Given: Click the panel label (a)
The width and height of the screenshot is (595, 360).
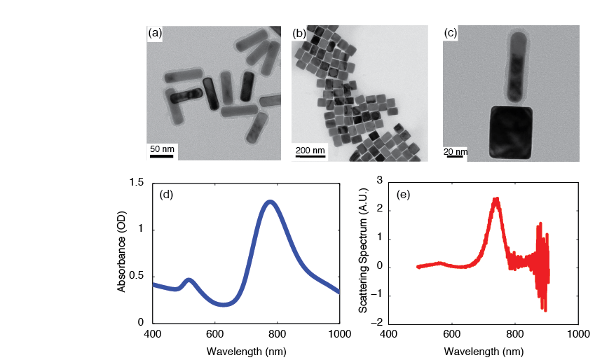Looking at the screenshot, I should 155,33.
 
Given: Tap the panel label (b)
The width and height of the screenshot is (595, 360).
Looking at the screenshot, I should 299,33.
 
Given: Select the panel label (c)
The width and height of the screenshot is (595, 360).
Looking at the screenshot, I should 451,33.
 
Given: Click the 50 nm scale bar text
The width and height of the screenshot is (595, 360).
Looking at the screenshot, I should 162,149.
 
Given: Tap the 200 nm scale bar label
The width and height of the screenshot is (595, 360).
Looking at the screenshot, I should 310,150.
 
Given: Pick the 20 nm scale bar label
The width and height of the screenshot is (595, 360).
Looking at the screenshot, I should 456,151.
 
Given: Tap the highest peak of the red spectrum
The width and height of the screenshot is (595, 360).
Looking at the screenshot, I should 495,199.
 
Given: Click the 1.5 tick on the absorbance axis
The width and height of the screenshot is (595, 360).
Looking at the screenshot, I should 137,183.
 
